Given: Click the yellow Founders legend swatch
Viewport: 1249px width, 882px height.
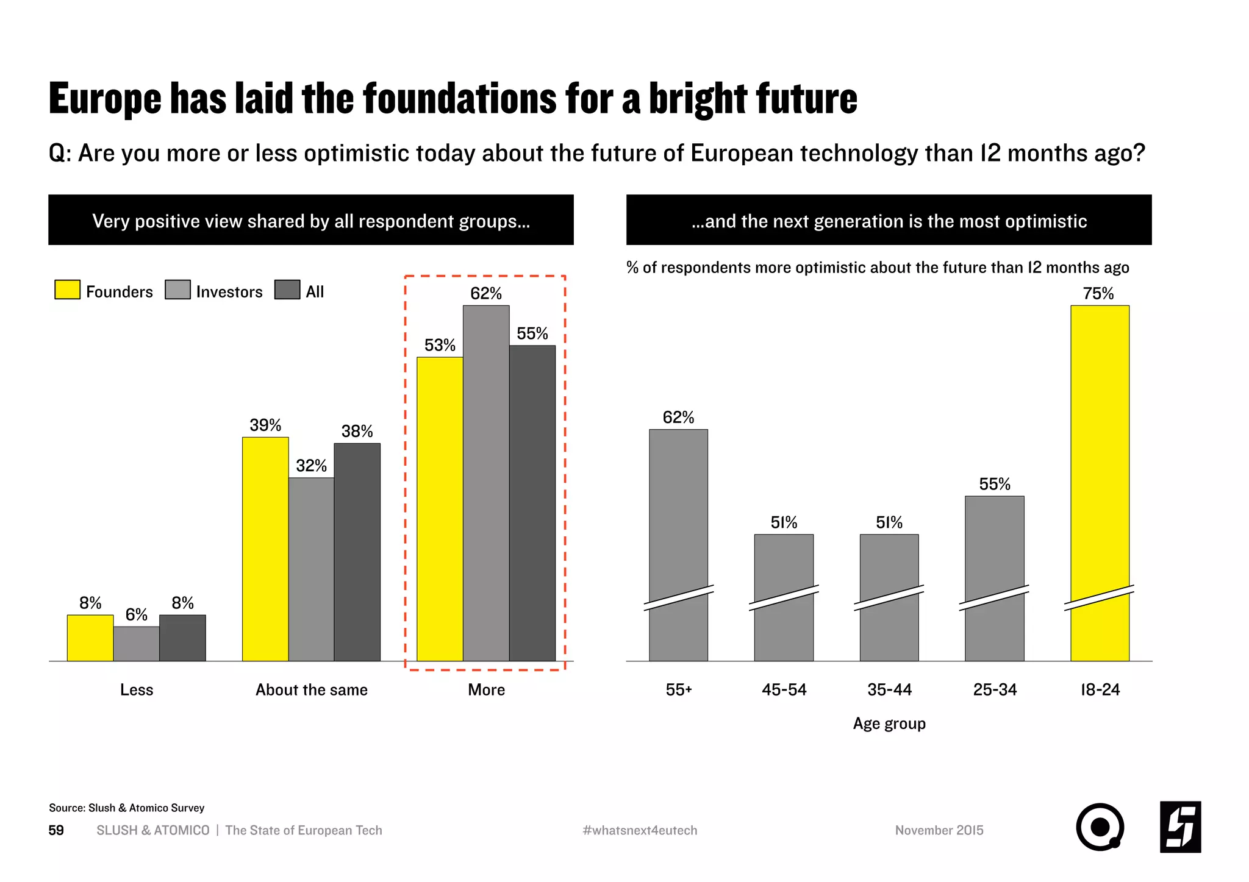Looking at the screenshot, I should pos(67,290).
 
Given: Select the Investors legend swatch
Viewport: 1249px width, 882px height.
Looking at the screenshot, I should pos(177,290).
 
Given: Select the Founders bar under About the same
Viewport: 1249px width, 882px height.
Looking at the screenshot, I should pos(265,549).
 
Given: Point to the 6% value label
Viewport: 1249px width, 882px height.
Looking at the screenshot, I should pos(137,614).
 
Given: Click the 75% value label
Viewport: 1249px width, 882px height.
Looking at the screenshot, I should pos(1098,294).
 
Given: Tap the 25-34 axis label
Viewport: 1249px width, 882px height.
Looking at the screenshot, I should pos(995,690).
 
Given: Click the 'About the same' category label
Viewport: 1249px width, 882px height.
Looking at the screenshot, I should pos(312,690).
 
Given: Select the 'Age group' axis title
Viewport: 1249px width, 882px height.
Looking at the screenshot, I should pos(889,724).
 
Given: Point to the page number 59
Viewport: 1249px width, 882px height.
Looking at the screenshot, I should pos(56,830).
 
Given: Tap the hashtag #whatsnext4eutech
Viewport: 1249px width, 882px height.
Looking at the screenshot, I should pos(640,830).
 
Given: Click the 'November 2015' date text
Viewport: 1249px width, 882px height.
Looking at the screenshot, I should pos(939,830).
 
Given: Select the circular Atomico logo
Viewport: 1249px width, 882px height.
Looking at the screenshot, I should pos(1100,827).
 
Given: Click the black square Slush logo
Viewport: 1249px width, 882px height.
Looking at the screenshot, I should pos(1180,827).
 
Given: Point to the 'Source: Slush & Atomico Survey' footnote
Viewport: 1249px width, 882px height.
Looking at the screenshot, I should pos(126,808).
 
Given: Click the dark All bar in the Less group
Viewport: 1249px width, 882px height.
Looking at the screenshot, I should pos(182,638).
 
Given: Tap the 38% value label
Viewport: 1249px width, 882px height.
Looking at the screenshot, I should pos(357,432).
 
